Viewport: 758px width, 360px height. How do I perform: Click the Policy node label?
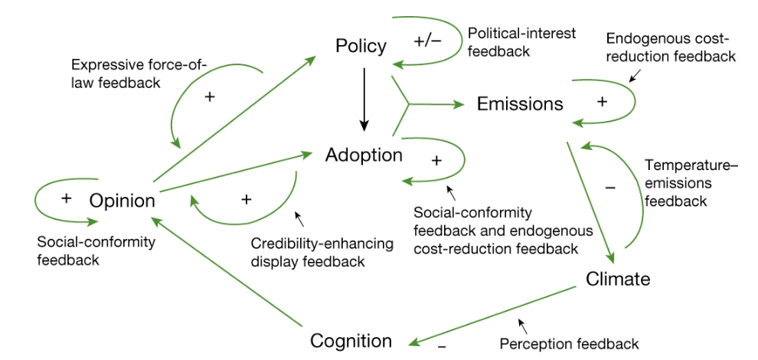click(x=361, y=47)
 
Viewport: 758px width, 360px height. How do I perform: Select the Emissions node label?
click(x=520, y=103)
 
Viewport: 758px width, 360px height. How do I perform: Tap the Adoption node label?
click(x=364, y=155)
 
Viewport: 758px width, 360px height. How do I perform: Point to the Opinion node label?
click(x=123, y=201)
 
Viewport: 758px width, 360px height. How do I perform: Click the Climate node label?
click(x=618, y=279)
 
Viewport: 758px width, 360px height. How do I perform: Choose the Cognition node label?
click(x=351, y=341)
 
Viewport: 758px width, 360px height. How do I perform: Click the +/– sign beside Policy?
click(x=427, y=41)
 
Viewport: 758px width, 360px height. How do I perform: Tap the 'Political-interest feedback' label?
click(x=521, y=43)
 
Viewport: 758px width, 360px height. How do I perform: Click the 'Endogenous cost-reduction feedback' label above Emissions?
click(x=670, y=47)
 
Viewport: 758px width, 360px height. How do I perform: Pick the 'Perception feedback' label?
click(x=569, y=343)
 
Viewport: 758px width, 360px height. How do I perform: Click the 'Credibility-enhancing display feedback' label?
click(x=322, y=252)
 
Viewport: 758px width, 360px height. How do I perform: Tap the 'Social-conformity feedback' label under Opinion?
click(x=96, y=250)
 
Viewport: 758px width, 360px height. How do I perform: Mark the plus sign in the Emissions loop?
click(x=602, y=102)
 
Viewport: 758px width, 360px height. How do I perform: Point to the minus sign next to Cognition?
click(x=442, y=345)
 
